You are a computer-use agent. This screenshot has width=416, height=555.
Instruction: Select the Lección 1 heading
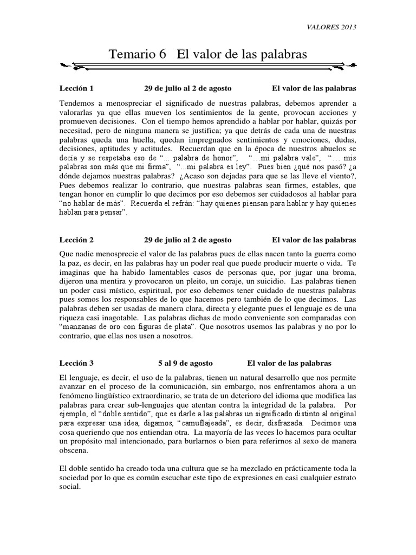[76, 88]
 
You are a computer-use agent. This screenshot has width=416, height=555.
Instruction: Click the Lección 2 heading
[76, 239]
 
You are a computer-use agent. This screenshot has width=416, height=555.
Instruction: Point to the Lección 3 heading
[76, 363]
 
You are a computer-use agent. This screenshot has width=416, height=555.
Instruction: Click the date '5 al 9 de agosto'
[185, 363]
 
